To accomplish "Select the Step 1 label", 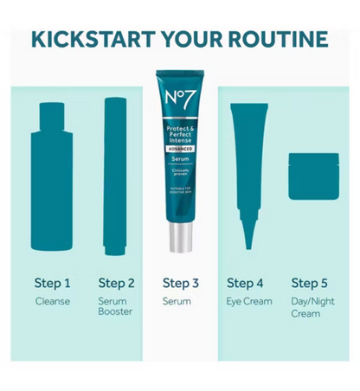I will pyautogui.click(x=53, y=283).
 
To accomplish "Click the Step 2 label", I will pyautogui.click(x=117, y=283).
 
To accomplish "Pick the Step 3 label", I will pyautogui.click(x=181, y=283).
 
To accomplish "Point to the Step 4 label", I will pyautogui.click(x=245, y=283).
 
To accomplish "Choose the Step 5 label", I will pyautogui.click(x=309, y=283).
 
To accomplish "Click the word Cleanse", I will pyautogui.click(x=52, y=302).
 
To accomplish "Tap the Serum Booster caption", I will pyautogui.click(x=115, y=307).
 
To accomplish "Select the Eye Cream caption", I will pyautogui.click(x=249, y=302).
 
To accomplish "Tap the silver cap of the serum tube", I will pyautogui.click(x=181, y=234).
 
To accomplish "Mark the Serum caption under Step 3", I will pyautogui.click(x=177, y=302).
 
